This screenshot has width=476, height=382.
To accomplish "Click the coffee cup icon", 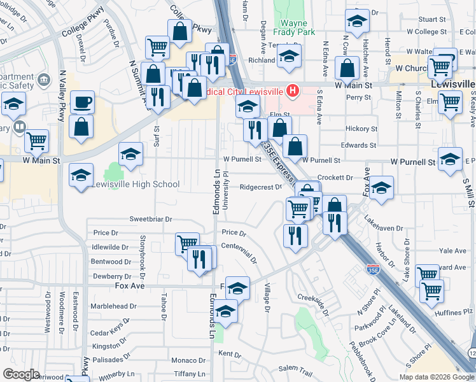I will pos(81,102).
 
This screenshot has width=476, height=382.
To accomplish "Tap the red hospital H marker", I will pos(293,91).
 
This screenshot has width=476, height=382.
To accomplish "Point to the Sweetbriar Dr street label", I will pos(151,219).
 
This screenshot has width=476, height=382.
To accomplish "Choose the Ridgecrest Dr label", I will pos(261,187).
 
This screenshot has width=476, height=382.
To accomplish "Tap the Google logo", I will pos(21,374).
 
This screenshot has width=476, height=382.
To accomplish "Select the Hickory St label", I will pos(361,129).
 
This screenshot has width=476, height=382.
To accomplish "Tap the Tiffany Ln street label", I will pos(189,374).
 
